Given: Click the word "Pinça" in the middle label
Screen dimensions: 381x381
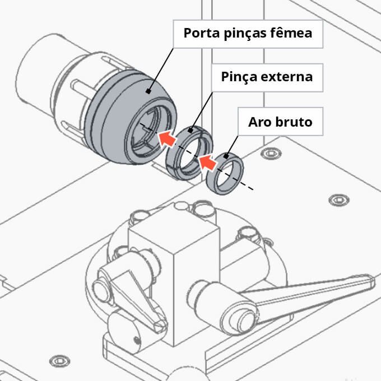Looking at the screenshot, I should point(240,76).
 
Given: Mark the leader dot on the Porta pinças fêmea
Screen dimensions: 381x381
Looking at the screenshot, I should point(148,91).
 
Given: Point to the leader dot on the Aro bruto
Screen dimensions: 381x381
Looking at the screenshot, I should point(227,156).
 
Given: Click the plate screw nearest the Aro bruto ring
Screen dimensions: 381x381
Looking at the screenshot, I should point(272,153).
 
